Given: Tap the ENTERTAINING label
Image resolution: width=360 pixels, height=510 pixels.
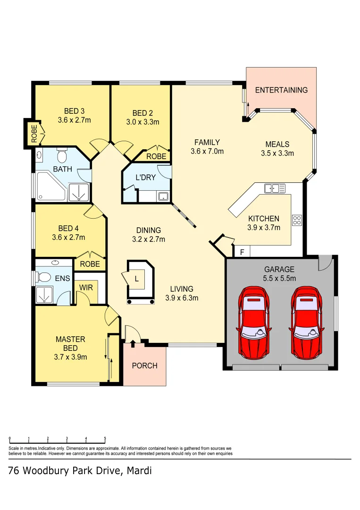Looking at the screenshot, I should point(281,90).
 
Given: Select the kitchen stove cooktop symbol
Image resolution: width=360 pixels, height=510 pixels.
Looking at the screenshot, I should point(297,220).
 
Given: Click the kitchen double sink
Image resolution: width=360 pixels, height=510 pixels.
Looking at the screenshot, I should point(275,188).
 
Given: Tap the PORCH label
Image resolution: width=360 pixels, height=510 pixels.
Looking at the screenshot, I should point(144,365).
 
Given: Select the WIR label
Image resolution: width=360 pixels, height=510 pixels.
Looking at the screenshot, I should point(86,287).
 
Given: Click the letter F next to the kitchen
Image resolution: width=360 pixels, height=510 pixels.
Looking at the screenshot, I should point(242,252).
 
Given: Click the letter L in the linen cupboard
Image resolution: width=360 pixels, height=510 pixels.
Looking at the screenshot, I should point(136,279).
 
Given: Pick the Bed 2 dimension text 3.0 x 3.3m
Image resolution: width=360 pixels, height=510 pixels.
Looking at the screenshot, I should point(142,122).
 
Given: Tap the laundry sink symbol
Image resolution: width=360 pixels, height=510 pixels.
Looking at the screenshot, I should point(163,196).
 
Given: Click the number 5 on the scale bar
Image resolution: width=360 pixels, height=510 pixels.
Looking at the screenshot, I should point(105,439).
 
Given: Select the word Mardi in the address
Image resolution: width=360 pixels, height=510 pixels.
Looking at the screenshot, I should point(139,471).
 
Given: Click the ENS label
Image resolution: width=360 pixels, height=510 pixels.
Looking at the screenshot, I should point(62,279).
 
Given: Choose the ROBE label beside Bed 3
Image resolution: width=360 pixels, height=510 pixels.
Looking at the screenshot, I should point(34,134).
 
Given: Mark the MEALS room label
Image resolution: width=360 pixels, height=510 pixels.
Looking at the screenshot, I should point(277,144).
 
